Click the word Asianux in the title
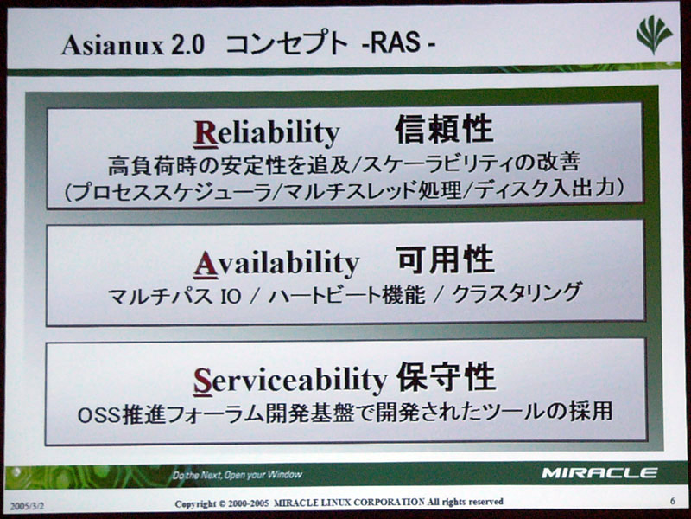113,45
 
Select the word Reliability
267,133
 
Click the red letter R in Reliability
206,133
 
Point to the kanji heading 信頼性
444,129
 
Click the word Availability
276,264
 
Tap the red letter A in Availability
206,265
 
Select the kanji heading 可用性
445,259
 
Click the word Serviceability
290,381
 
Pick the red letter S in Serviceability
203,381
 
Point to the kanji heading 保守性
446,376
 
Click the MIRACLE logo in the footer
599,473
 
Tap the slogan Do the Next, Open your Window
237,475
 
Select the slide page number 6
673,501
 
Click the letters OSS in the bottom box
98,415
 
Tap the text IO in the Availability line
230,296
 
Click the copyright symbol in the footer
222,503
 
